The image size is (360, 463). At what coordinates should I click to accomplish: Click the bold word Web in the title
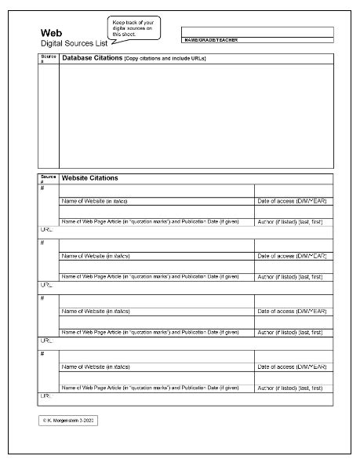[x=50, y=33]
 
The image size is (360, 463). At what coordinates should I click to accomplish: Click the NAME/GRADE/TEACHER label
[x=211, y=39]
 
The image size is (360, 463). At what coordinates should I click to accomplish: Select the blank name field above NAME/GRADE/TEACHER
[x=256, y=31]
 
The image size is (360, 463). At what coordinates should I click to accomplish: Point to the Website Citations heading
[x=89, y=178]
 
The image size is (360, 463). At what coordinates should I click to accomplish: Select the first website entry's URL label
[x=45, y=228]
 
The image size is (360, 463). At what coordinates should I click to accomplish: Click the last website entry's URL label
[x=45, y=396]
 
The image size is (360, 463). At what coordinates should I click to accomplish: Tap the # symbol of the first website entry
[x=42, y=188]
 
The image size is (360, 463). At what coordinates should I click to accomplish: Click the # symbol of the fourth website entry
[x=42, y=355]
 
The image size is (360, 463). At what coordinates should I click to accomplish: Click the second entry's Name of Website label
[x=95, y=256]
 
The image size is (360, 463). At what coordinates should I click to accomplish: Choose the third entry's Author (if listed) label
[x=290, y=332]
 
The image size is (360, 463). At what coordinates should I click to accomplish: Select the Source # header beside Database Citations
[x=48, y=58]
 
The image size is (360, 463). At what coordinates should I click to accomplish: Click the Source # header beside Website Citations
[x=48, y=178]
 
